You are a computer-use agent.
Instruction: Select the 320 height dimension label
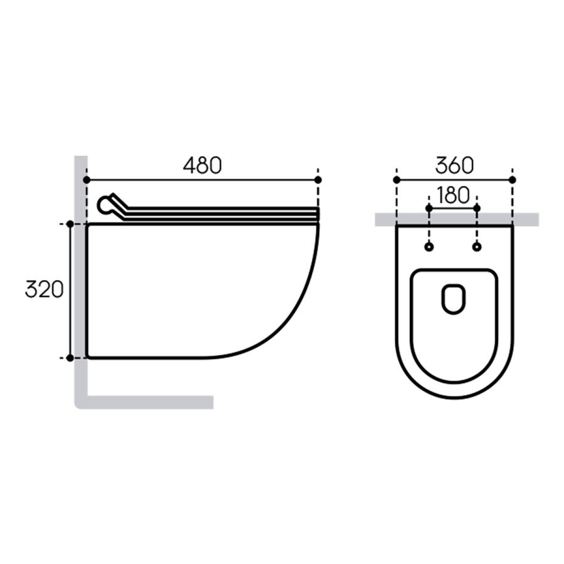coord(44,289)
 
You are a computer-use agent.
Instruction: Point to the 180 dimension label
coord(453,196)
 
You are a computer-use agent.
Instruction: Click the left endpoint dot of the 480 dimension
coord(86,180)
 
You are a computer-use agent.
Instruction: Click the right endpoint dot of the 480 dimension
coord(318,180)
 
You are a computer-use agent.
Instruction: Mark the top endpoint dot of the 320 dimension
coord(70,224)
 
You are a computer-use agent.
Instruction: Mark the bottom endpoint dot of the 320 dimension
coord(70,358)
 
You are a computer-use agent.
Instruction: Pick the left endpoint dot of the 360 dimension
coord(397,180)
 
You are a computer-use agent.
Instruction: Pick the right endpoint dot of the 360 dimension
coord(513,180)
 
